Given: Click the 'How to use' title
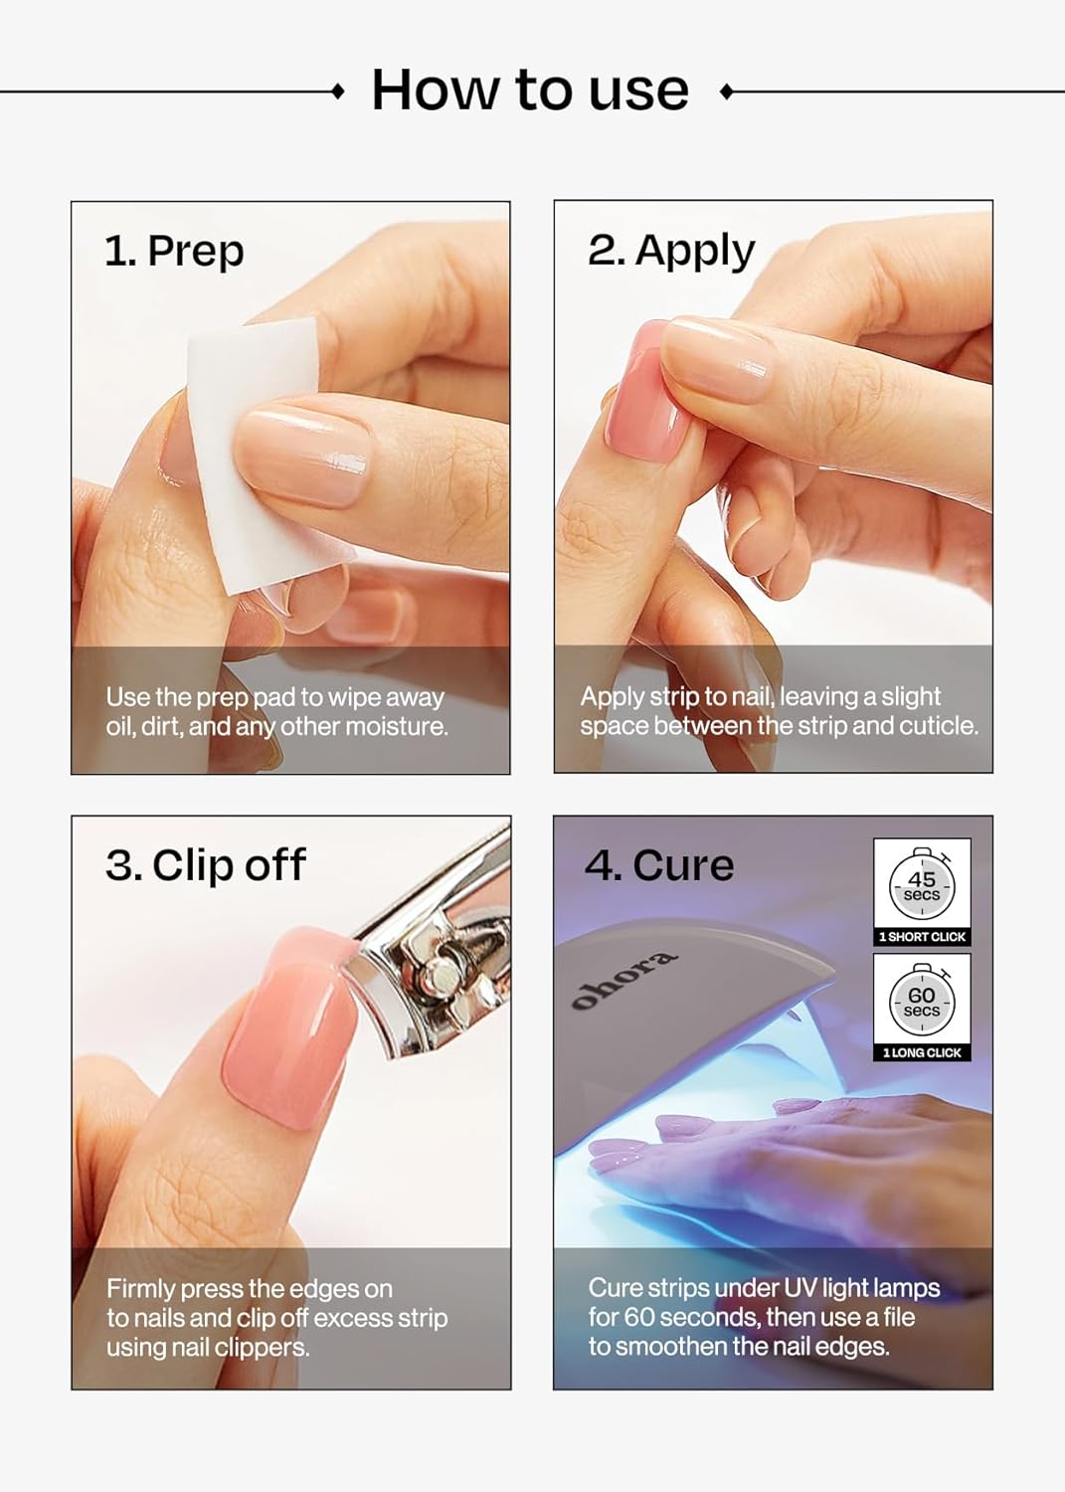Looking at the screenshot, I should tap(530, 91).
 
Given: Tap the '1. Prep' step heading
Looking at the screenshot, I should tap(174, 251).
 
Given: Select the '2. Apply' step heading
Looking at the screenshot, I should tap(671, 251).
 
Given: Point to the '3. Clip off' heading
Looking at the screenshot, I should tap(206, 865).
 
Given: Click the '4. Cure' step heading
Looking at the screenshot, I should tap(659, 865).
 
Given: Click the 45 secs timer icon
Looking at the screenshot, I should tap(922, 884).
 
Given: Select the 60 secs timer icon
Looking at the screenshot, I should tap(922, 1000).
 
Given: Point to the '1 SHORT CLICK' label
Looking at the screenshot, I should tap(922, 937).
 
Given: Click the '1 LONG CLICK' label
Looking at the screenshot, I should tap(922, 1052).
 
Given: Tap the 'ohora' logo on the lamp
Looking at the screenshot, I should tap(624, 980).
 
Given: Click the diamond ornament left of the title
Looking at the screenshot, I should tap(338, 92).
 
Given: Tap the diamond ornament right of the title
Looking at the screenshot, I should tap(726, 92).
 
